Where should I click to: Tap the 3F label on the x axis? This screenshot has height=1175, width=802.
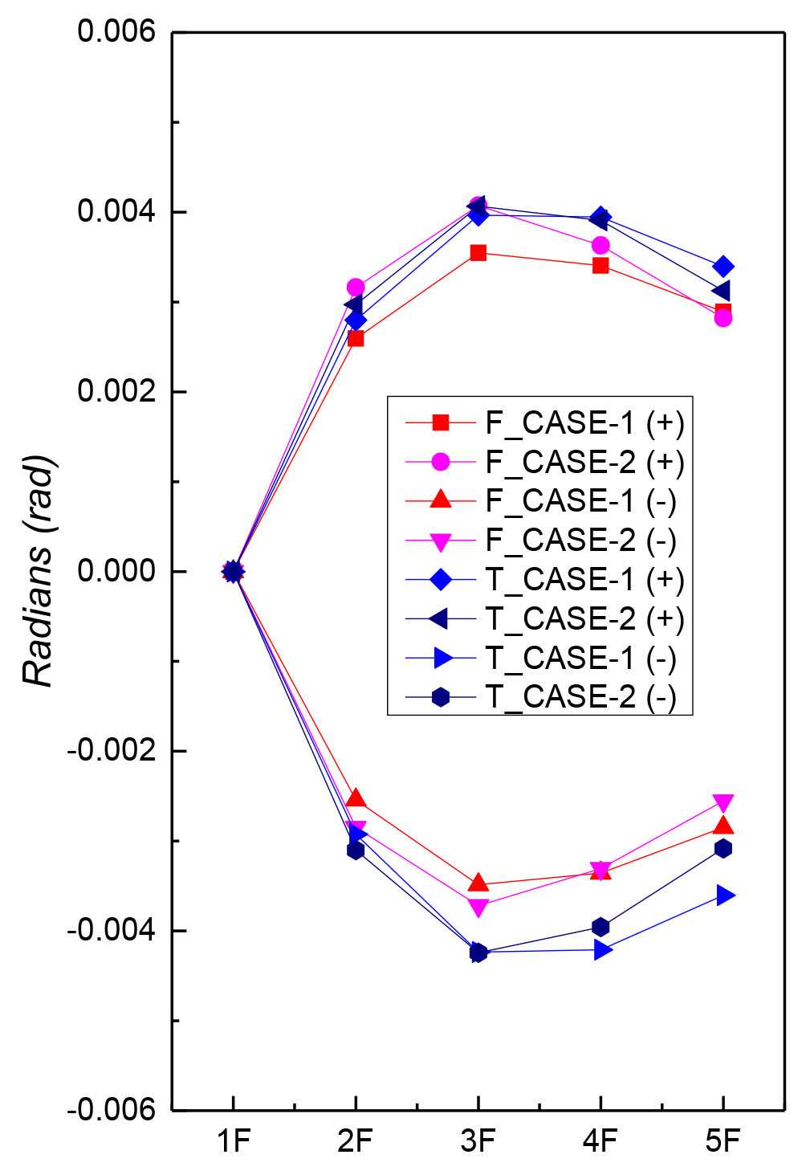(478, 1140)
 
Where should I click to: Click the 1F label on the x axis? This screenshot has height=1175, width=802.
(233, 1140)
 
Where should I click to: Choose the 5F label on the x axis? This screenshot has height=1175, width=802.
(723, 1140)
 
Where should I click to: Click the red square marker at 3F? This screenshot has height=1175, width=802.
(478, 253)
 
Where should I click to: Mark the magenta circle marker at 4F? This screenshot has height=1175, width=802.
(600, 245)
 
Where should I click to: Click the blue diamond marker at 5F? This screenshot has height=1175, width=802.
(723, 266)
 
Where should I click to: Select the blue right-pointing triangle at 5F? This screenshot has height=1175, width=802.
(724, 895)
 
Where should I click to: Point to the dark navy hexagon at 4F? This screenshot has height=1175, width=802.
(600, 927)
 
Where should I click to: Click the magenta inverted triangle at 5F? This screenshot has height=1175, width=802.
(723, 803)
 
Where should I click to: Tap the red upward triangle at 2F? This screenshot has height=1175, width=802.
(356, 798)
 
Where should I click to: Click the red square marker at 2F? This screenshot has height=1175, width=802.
(356, 338)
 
